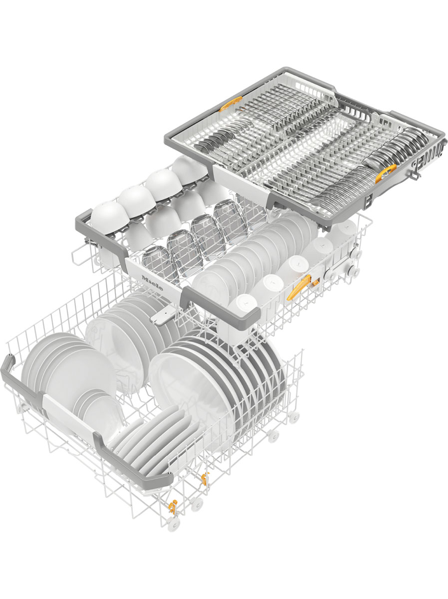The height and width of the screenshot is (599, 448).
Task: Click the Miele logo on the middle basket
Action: point(152,282)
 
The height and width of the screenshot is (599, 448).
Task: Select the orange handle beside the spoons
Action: point(386,174)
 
